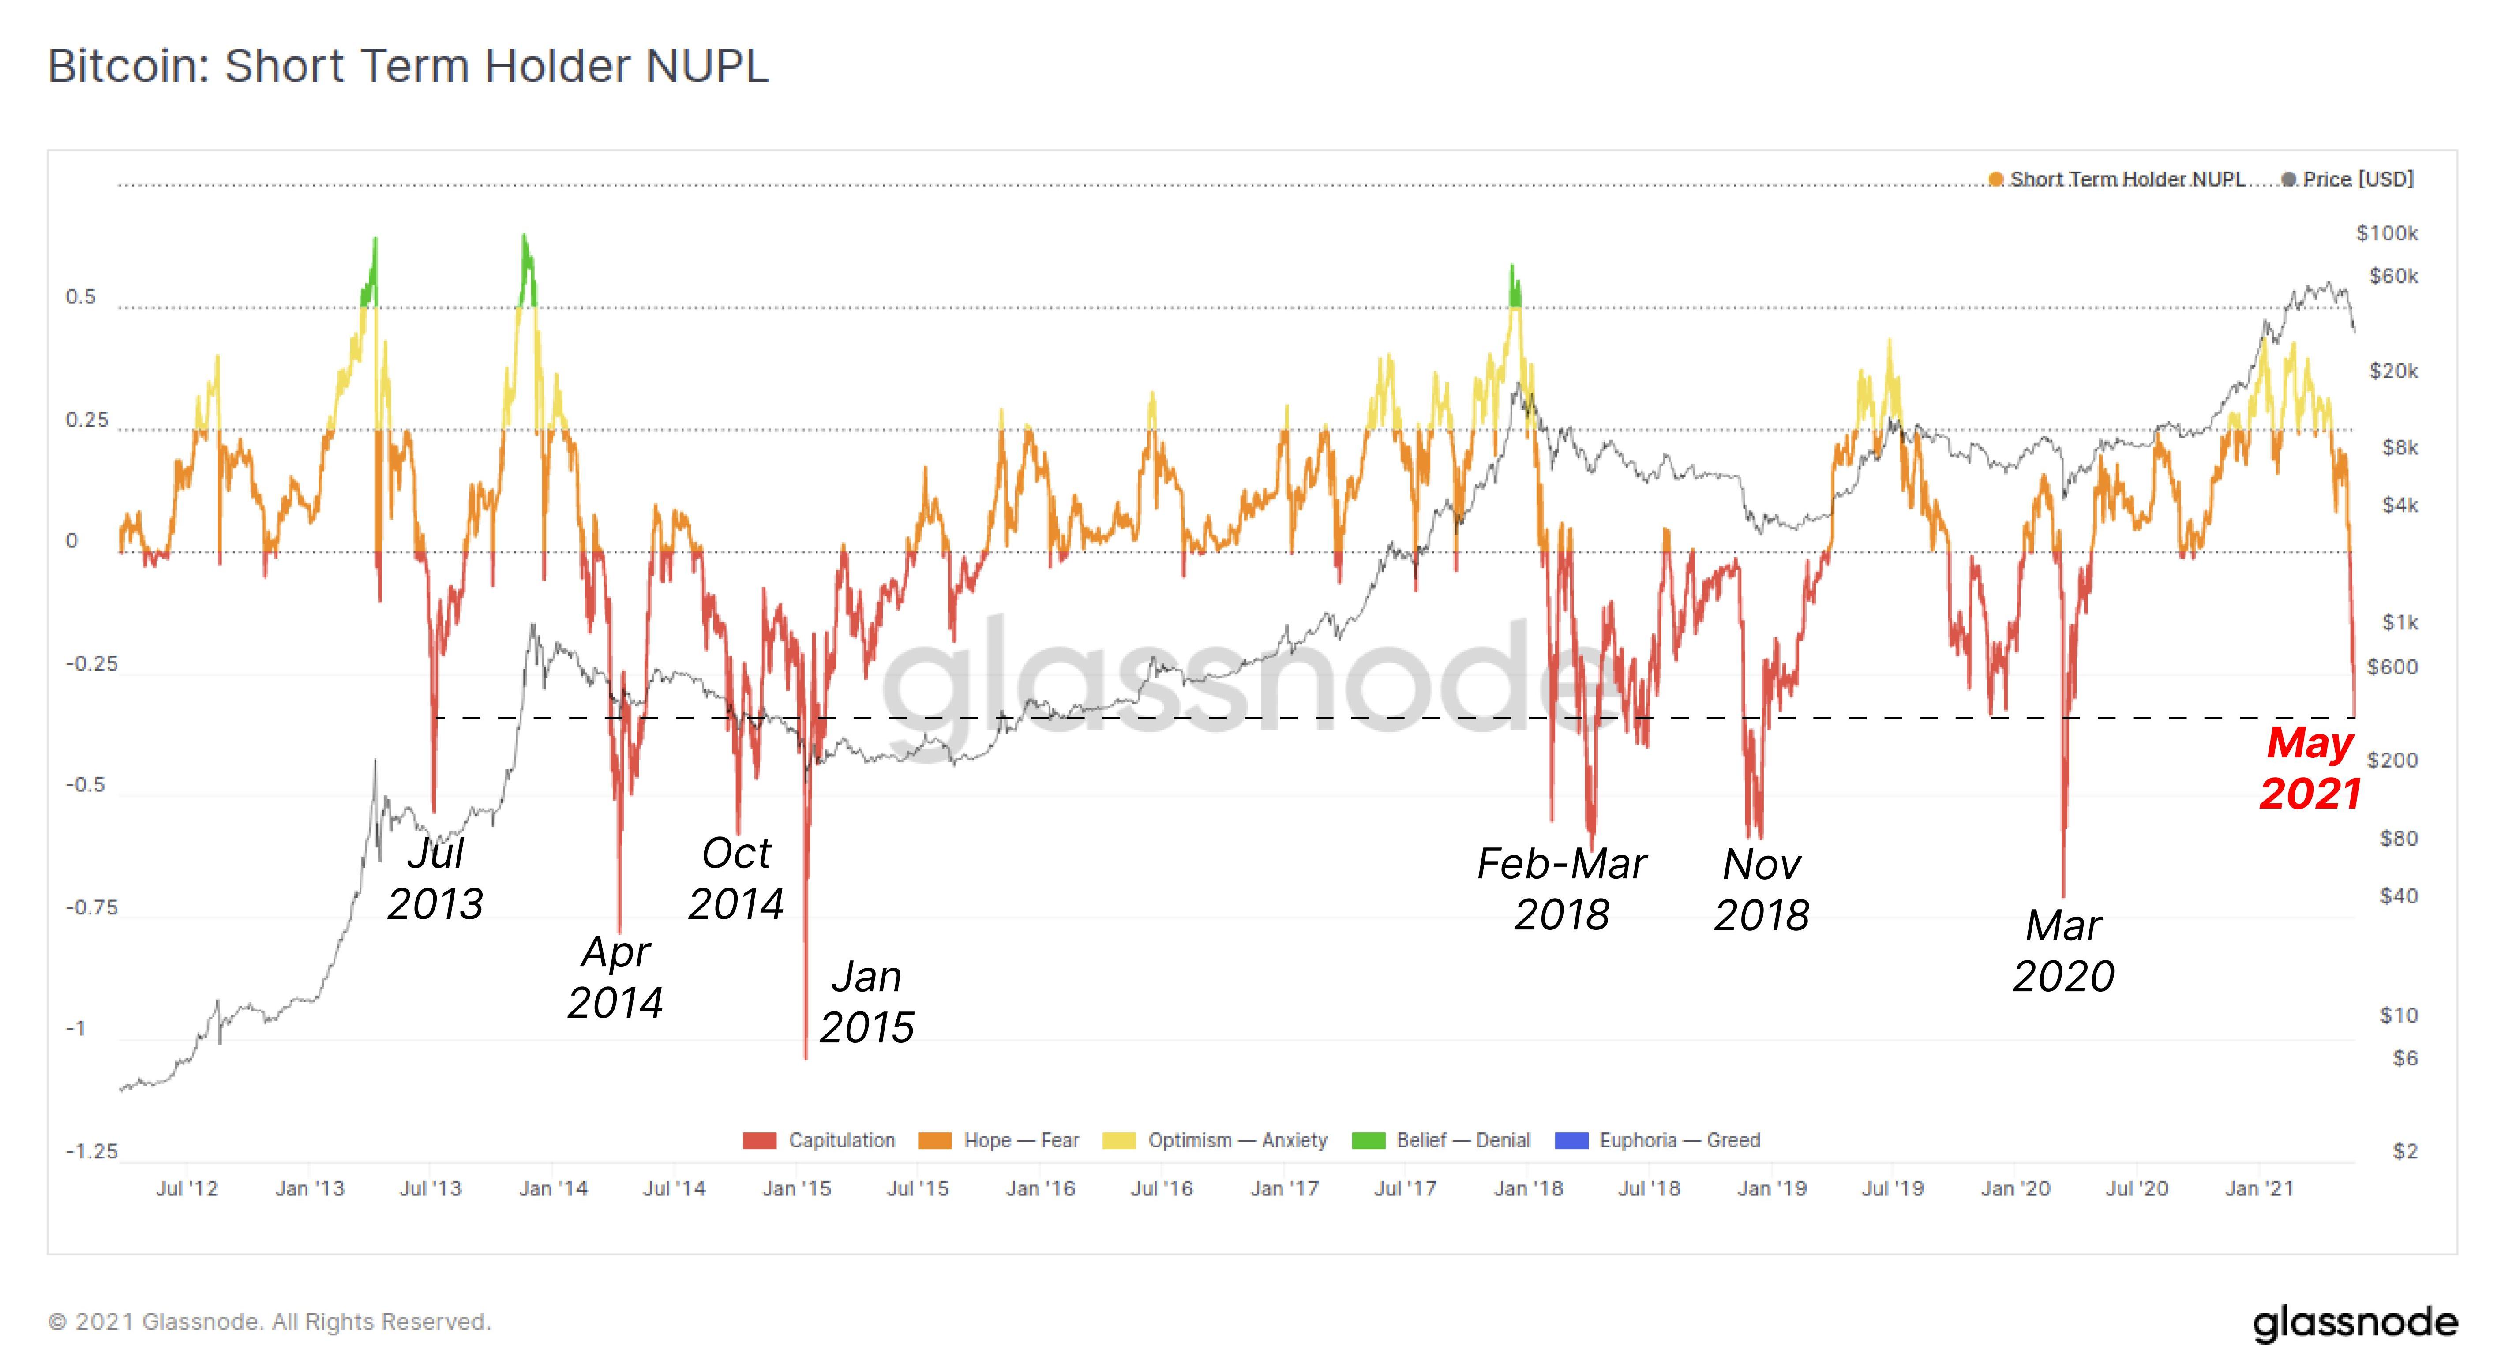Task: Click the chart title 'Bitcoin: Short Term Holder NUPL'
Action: (409, 66)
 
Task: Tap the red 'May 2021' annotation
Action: (2310, 768)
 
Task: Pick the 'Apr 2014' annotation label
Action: (615, 976)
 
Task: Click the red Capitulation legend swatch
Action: (759, 1141)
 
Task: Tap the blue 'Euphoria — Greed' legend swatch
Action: (1571, 1141)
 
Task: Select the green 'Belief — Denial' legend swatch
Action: (1368, 1141)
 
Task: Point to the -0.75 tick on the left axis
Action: (91, 907)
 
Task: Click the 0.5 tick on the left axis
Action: (81, 296)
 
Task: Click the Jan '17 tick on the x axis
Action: (1284, 1188)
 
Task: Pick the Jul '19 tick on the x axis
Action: (1892, 1188)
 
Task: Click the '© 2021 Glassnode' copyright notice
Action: (270, 1322)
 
